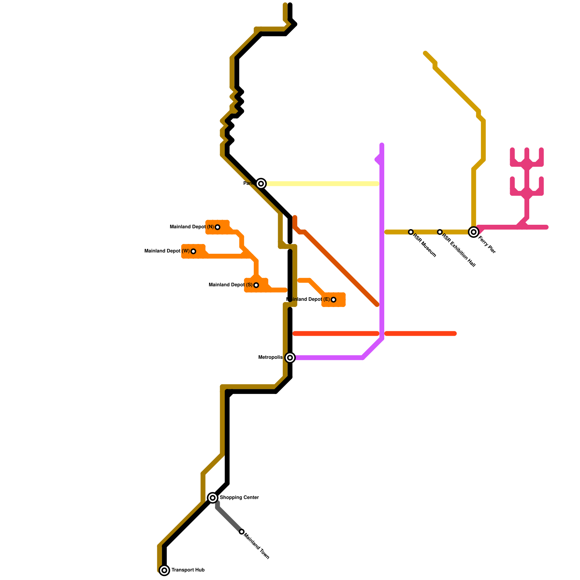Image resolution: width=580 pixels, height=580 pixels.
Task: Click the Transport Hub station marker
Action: [164, 570]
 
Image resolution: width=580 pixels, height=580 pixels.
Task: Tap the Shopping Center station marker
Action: [213, 498]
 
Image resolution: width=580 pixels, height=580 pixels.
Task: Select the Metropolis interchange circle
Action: [290, 358]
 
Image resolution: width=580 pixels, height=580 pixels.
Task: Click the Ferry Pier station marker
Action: [473, 232]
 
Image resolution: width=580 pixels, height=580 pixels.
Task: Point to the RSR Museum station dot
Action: [411, 232]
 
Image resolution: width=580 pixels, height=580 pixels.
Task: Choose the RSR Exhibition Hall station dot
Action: [440, 232]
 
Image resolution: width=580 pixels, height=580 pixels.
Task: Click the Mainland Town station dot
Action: [242, 532]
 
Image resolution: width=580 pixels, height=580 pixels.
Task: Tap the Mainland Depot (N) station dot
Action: [217, 227]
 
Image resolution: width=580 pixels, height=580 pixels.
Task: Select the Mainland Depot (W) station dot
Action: [193, 251]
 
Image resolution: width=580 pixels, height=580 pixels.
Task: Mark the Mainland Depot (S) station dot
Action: [256, 285]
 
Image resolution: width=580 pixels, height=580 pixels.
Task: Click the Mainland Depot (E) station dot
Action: [333, 300]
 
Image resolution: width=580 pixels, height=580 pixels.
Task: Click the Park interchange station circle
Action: [261, 184]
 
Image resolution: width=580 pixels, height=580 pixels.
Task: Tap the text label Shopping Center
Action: [239, 498]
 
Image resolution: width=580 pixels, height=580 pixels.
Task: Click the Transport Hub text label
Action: [188, 570]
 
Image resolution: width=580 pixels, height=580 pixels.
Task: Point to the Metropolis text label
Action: [270, 357]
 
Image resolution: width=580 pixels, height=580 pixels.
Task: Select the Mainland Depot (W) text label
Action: [167, 251]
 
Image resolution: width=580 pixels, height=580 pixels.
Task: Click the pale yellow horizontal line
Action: [323, 184]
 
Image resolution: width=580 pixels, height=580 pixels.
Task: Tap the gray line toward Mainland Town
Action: [229, 519]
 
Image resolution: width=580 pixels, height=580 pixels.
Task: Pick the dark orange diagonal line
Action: [341, 268]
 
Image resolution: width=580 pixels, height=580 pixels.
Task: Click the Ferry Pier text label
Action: [487, 245]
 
